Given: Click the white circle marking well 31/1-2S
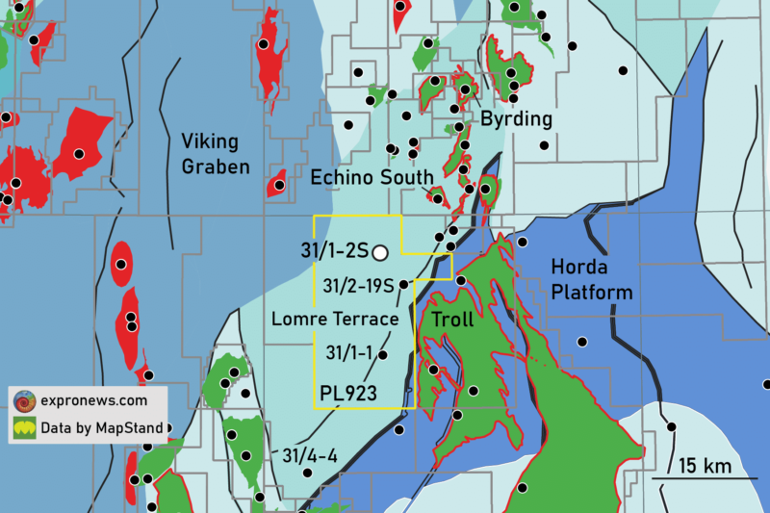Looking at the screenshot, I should click(380, 253).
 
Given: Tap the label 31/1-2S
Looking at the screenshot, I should click(334, 252).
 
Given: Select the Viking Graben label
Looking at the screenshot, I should click(216, 154).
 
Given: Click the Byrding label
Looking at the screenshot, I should click(517, 119).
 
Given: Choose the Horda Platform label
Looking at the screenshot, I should click(592, 279).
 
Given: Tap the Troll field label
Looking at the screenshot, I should click(452, 319).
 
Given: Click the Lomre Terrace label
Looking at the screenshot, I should click(335, 319).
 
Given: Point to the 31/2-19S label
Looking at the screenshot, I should click(358, 286).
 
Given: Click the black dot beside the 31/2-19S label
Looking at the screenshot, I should click(402, 285).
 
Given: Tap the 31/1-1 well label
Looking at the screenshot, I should click(350, 352).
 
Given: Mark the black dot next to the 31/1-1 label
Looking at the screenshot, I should click(383, 355).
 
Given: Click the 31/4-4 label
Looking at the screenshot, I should click(310, 455).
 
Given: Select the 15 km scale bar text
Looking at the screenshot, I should click(704, 466).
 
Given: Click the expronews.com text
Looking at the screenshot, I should click(93, 400).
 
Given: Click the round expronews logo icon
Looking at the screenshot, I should click(23, 400).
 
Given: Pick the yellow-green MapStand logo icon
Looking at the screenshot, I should click(23, 427).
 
